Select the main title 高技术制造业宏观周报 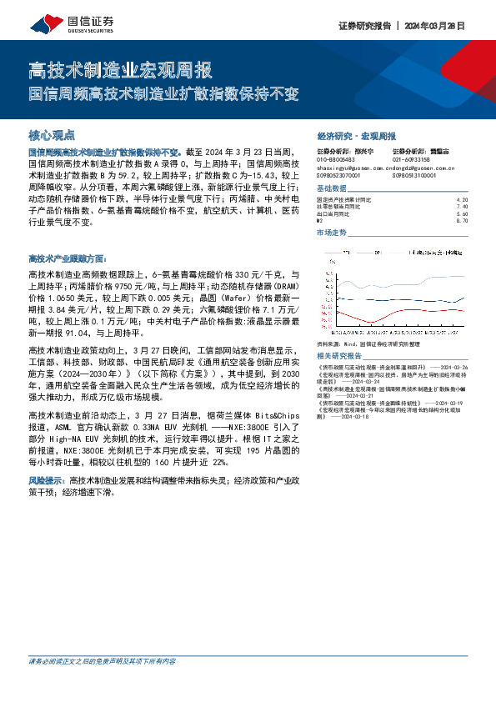tap(120, 68)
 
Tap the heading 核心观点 tap(52, 134)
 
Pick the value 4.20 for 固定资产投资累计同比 tap(463, 200)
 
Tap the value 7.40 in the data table tap(463, 207)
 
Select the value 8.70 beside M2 tap(463, 221)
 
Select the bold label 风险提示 tap(47, 481)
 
